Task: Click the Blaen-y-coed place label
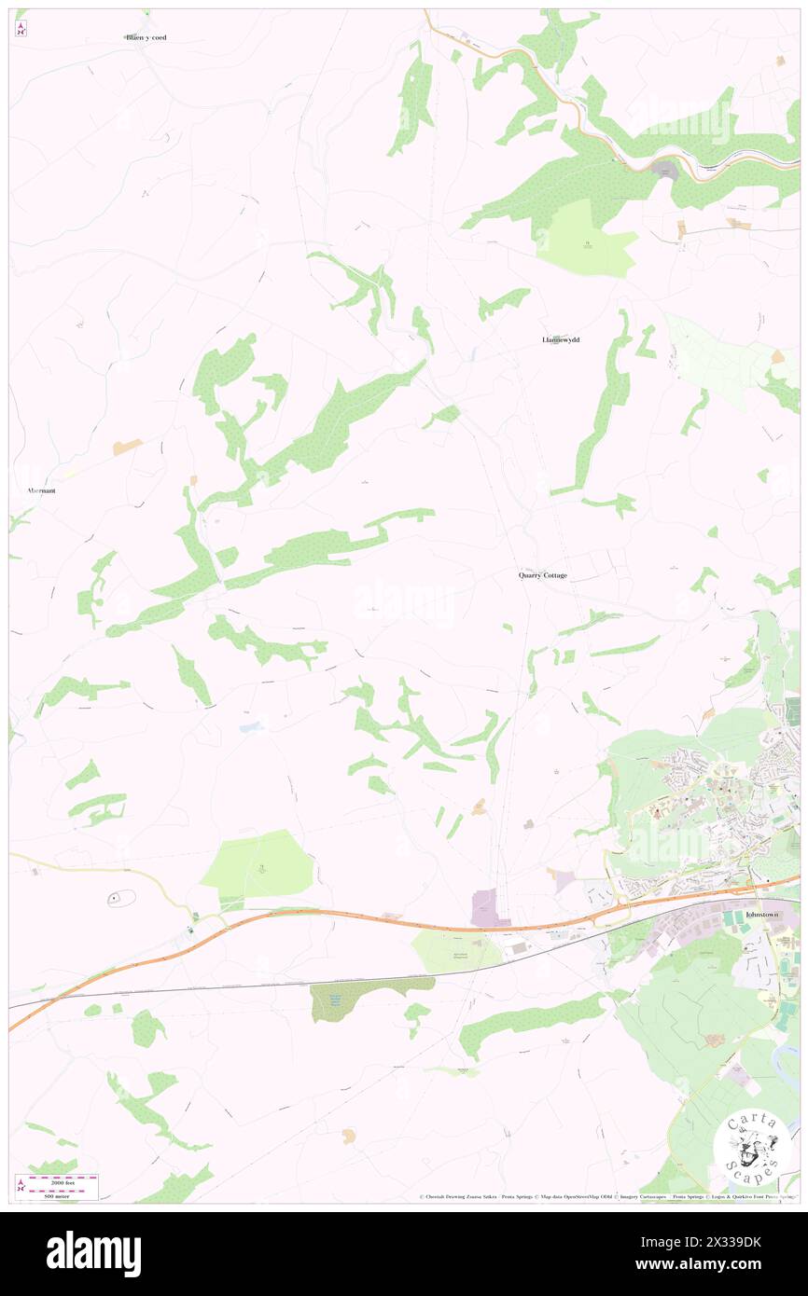[146, 37]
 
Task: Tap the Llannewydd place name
[561, 339]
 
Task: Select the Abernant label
[41, 489]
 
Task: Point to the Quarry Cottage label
[543, 575]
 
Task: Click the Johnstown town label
[762, 915]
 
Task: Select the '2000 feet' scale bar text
[62, 1179]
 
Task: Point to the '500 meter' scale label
[62, 1194]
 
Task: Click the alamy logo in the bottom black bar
[93, 1254]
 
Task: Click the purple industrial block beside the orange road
[485, 907]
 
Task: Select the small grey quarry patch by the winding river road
[664, 171]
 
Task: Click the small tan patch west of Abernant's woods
[127, 448]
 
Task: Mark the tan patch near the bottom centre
[349, 1135]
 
